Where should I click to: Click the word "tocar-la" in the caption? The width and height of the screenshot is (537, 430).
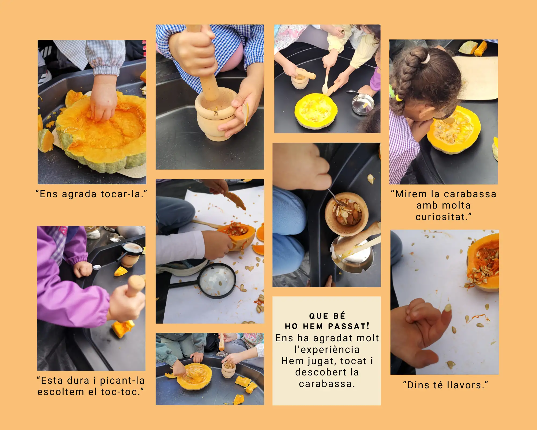tap(124, 194)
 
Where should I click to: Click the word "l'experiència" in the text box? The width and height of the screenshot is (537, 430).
tap(327, 349)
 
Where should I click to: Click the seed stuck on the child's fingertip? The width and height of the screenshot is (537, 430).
tap(448, 308)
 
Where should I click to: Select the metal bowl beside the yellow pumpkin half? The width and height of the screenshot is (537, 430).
tap(363, 104)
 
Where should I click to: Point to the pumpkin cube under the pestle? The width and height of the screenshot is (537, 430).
tap(122, 328)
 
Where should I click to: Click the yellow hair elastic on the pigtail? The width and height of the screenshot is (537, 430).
tap(398, 97)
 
